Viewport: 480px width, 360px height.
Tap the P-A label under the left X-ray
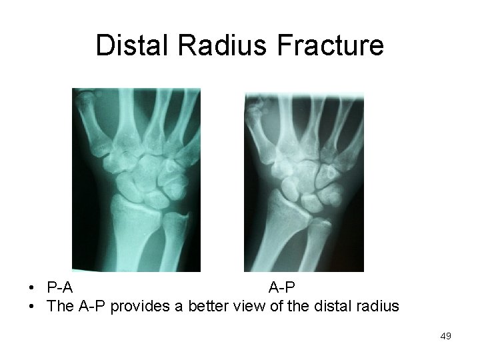[60, 288]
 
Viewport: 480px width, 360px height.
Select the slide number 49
[445, 337]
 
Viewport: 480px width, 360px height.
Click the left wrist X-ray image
[136, 179]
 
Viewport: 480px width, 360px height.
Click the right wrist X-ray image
[304, 181]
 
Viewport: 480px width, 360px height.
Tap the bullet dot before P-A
[32, 289]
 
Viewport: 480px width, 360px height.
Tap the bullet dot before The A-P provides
[32, 307]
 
